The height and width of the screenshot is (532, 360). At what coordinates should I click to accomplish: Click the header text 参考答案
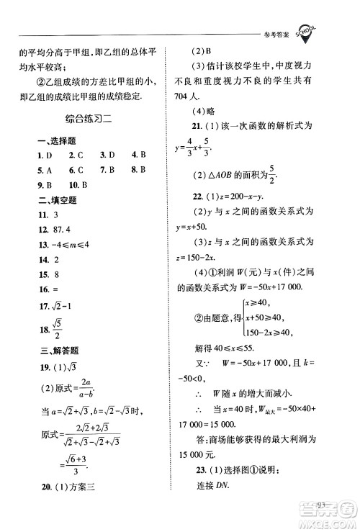point(271,35)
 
